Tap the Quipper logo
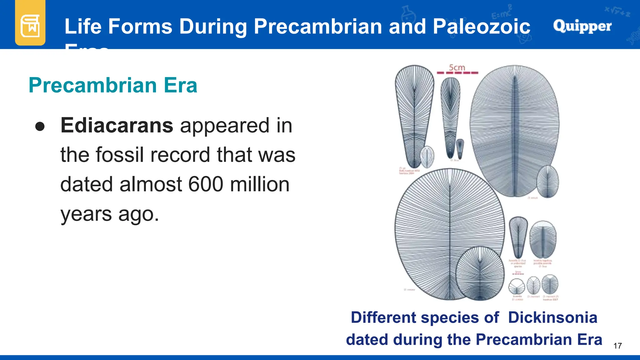pos(582,26)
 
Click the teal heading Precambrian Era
pos(113,85)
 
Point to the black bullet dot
pos(40,127)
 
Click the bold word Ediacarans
pos(117,126)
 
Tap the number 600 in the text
pos(206,184)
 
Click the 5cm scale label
pos(457,67)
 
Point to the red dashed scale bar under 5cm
pos(457,73)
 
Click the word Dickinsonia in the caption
pos(552,317)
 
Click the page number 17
pos(617,346)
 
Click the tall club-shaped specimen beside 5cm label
pos(414,116)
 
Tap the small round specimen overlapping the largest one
pos(480,274)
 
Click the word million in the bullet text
pos(260,184)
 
